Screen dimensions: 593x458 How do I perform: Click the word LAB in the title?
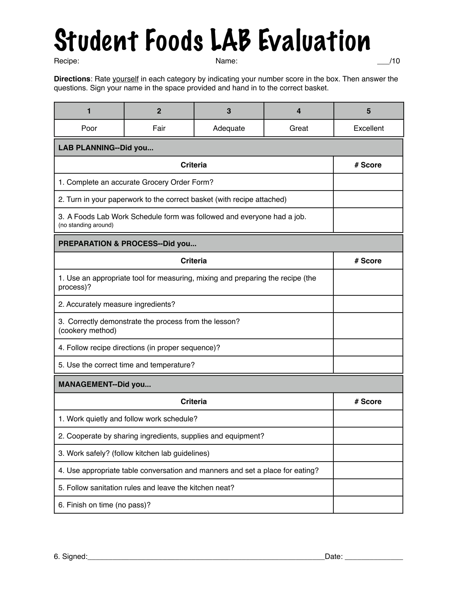point(230,40)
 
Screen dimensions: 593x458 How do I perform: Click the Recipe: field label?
point(67,61)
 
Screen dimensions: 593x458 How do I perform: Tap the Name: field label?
point(226,61)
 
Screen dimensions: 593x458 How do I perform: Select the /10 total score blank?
point(383,61)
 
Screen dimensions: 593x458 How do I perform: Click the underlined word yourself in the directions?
point(125,79)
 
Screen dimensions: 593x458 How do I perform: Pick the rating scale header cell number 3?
point(229,111)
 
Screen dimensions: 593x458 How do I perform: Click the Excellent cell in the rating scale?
point(369,128)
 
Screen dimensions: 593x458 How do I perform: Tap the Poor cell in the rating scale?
point(89,128)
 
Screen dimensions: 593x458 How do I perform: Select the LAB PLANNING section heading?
point(106,148)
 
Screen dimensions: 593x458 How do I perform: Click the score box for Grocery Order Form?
point(368,182)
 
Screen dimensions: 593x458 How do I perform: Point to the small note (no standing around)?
point(86,225)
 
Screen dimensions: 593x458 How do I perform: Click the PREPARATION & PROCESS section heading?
point(127,244)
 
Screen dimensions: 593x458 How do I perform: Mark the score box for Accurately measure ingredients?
point(368,304)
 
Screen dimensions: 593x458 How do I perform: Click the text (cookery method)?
point(87,330)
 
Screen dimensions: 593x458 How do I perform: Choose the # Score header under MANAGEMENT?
point(368,402)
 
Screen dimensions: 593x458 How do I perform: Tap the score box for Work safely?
point(368,453)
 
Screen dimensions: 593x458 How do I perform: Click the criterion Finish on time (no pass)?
point(105,505)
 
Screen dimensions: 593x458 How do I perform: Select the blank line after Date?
point(374,557)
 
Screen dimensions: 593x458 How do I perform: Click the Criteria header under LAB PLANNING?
point(193,165)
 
